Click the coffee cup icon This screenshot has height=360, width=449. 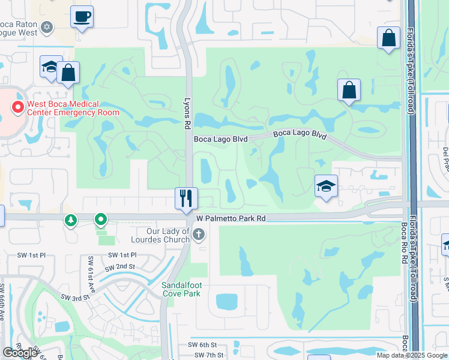click(x=82, y=16)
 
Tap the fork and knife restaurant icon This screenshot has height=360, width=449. click(x=186, y=198)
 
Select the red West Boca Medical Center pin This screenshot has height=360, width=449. click(x=18, y=107)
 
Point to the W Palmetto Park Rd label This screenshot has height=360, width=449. click(x=231, y=219)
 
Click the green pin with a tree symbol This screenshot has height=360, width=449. click(x=71, y=221)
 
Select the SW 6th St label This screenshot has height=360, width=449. click(x=201, y=344)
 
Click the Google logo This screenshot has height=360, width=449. click(x=20, y=353)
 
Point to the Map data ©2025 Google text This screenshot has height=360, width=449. click(x=412, y=355)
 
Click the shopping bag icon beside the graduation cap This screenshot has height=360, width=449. click(x=68, y=73)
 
